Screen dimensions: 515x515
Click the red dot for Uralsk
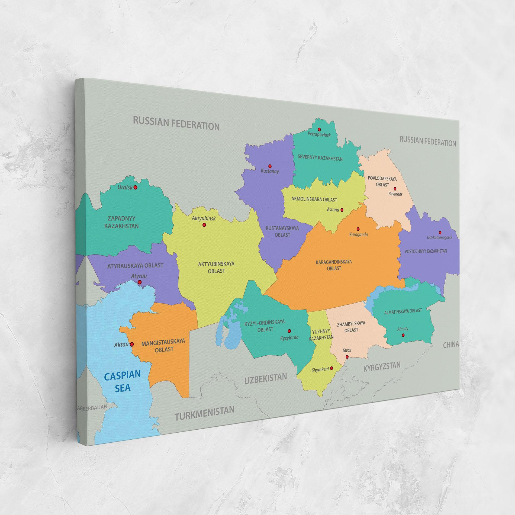pos(136,187)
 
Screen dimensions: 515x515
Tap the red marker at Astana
pos(342,210)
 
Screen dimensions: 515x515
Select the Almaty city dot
pos(403,335)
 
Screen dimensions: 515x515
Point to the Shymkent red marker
pos(331,368)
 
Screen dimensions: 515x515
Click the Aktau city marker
pos(132,344)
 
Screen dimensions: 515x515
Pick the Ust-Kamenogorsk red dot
pos(440,233)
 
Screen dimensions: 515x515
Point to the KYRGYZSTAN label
pos(382,367)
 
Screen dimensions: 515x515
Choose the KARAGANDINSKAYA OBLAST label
pos(334,265)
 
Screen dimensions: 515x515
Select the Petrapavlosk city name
pos(319,135)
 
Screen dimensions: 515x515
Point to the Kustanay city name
pos(270,171)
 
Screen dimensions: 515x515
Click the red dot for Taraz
pos(347,357)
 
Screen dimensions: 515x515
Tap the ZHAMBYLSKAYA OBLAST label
pos(351,327)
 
